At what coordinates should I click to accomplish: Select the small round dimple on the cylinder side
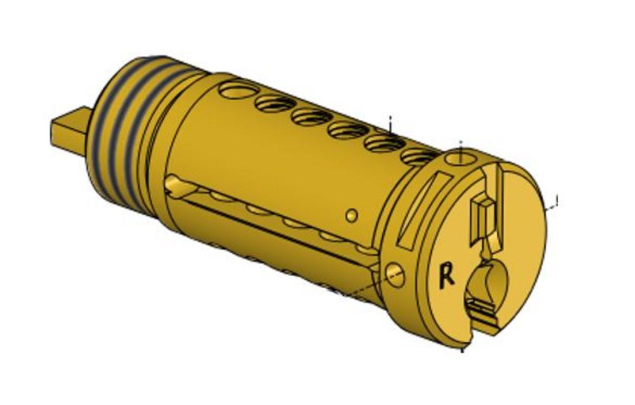pyautogui.click(x=352, y=215)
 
